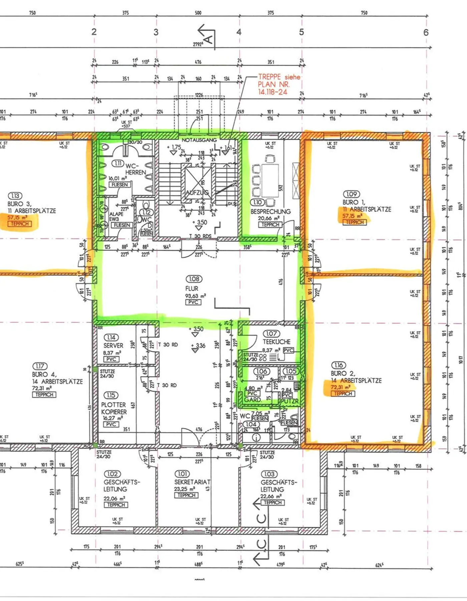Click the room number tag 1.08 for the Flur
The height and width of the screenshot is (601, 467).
(194, 279)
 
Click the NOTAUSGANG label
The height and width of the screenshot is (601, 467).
(199, 140)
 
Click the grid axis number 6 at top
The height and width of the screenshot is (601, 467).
(426, 32)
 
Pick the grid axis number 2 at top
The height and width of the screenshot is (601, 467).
(94, 32)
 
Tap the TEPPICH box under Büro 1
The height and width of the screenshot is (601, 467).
(355, 222)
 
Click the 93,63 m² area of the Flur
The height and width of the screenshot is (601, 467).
(195, 296)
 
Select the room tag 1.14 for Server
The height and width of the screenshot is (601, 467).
(111, 337)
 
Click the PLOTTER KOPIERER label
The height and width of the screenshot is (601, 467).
(114, 408)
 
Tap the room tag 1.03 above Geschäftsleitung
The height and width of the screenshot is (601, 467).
(269, 474)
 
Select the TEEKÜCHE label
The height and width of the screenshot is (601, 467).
(277, 342)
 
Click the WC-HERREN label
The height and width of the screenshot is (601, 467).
(135, 169)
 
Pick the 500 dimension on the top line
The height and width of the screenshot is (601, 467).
(198, 13)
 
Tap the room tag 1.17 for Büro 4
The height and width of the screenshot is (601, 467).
(40, 366)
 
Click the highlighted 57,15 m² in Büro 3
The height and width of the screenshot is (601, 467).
(17, 217)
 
